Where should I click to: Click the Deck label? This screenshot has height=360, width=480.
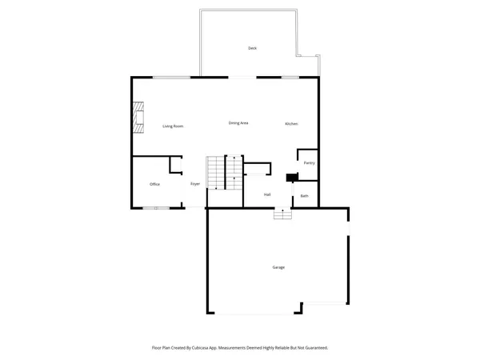[x=252, y=49]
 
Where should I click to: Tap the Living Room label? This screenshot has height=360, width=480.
[x=174, y=126]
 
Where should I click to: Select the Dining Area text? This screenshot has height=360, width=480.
[x=238, y=122]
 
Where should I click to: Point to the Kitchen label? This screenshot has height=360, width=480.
[x=292, y=123]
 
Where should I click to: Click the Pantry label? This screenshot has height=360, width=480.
[x=309, y=163]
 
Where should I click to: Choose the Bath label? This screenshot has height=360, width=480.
[x=304, y=196]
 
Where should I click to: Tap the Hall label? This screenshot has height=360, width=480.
[x=267, y=194]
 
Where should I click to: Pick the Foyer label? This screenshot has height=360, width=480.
[x=194, y=184]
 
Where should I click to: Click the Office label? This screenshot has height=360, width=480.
[x=154, y=184]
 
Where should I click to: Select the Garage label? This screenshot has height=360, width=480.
[x=278, y=267]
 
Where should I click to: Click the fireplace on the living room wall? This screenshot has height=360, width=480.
[x=139, y=116]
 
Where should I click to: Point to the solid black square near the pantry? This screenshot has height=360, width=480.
[x=292, y=178]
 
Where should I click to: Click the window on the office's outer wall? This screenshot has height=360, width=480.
[x=156, y=208]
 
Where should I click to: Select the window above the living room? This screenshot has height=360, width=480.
[x=171, y=77]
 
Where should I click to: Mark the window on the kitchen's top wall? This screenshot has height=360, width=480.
[x=290, y=77]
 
